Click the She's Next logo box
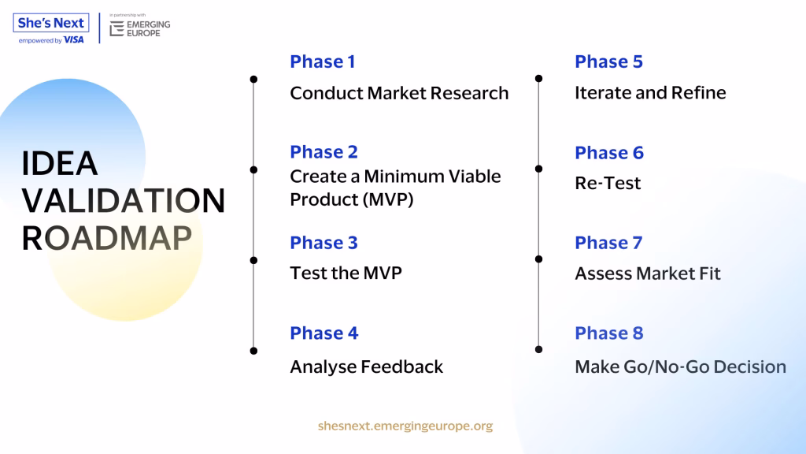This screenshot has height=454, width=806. coord(51,23)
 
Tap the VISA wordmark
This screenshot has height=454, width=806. coord(73,39)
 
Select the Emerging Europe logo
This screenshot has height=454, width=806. coord(140,28)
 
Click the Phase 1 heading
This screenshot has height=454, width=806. coord(322,61)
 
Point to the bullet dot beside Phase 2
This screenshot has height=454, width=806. coord(253,170)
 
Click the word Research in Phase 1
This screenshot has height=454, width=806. coord(469,93)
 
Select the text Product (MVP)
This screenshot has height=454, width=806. coord(352,199)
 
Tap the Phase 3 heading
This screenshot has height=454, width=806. coord(324,243)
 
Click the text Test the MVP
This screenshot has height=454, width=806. coord(346,273)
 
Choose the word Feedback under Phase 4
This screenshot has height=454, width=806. coord(402,367)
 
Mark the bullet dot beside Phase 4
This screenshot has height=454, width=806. coord(253,351)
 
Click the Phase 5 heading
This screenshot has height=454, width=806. coord(608,61)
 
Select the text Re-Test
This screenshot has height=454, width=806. coord(608,183)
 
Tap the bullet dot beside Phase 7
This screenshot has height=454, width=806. coord(538,259)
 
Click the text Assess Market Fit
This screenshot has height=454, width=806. coord(648,274)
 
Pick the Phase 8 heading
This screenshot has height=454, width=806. coord(609,333)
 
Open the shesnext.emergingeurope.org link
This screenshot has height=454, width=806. coord(405,426)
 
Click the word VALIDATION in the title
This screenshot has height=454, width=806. coord(124,200)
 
